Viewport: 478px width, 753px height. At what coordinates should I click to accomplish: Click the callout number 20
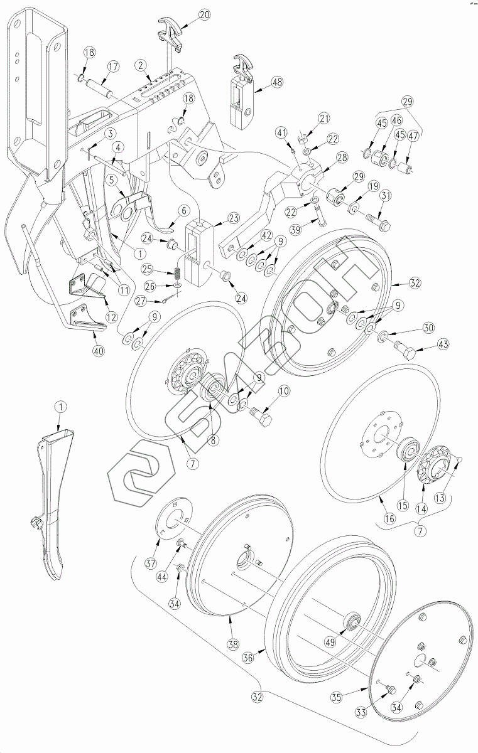(x=205, y=14)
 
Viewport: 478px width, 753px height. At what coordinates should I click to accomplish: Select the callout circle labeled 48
(x=277, y=82)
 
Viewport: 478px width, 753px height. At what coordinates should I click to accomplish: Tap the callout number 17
(x=113, y=67)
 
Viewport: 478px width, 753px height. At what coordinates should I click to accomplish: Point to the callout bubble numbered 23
(x=233, y=218)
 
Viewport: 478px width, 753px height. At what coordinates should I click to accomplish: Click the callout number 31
(x=386, y=196)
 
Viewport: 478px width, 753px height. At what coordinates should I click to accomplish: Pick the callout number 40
(x=98, y=351)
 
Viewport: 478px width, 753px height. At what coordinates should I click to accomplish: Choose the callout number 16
(x=389, y=519)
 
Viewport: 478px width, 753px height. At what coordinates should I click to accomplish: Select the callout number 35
(x=337, y=698)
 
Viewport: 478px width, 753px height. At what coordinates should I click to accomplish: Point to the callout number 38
(x=233, y=644)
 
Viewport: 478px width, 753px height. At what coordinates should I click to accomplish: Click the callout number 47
(x=413, y=136)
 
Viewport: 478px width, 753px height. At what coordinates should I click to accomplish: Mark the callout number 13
(x=440, y=498)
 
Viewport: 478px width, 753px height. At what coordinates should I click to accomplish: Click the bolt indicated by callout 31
(x=378, y=220)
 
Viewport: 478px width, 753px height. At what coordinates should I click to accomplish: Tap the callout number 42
(x=266, y=235)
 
